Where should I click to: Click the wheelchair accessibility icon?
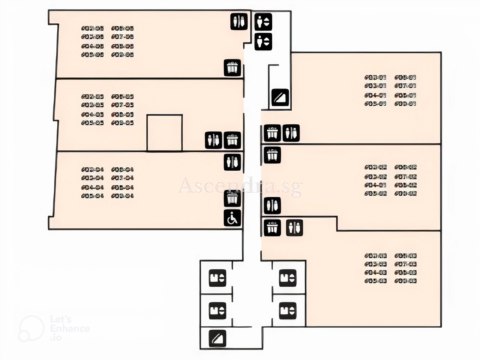click(x=232, y=218)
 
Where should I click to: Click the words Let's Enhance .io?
click(x=70, y=328)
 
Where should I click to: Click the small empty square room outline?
click(x=164, y=133)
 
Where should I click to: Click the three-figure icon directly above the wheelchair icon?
click(x=232, y=198)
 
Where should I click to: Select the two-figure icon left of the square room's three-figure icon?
click(x=214, y=140)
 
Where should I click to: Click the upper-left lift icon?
click(x=217, y=278)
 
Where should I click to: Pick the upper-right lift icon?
click(x=288, y=278)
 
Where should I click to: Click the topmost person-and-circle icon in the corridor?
click(x=263, y=22)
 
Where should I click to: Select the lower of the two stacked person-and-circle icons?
click(x=263, y=41)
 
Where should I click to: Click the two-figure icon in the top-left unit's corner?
click(x=239, y=22)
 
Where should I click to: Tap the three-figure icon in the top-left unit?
click(x=232, y=67)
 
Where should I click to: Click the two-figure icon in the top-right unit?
click(x=291, y=133)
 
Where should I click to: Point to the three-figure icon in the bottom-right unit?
click(x=272, y=228)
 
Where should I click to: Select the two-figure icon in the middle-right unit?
click(x=272, y=205)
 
